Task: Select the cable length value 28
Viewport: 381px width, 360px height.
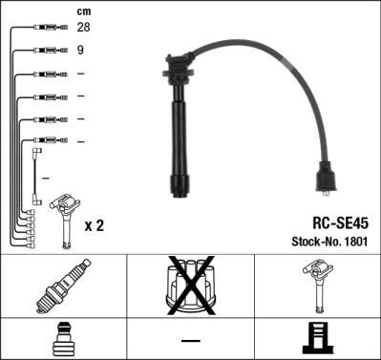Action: coord(83,28)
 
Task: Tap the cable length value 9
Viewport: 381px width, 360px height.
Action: coord(80,50)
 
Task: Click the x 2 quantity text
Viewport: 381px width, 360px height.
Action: coord(94,225)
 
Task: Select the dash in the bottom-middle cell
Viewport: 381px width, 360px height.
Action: coord(190,340)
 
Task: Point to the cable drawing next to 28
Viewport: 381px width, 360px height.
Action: coord(46,29)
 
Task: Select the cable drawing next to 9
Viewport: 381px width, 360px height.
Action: coord(46,50)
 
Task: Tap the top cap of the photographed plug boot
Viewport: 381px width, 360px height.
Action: coord(179,66)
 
